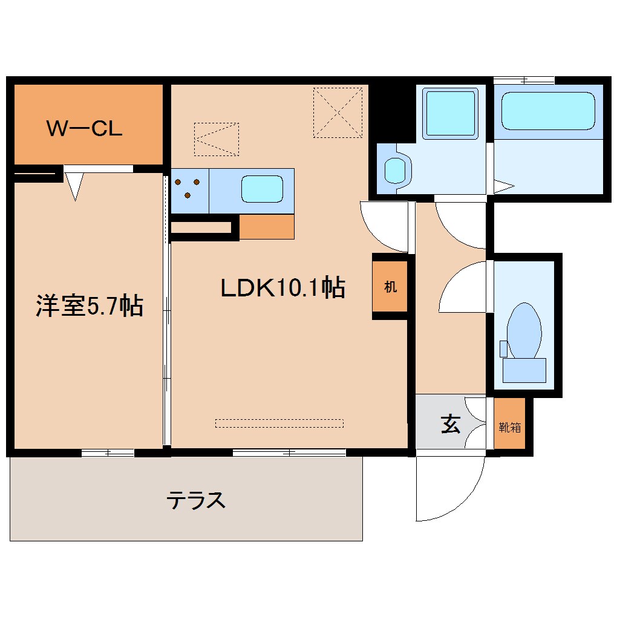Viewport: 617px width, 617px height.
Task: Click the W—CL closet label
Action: pos(85,128)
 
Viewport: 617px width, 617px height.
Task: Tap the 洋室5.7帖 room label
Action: pos(89,306)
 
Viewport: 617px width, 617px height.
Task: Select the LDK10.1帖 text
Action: pos(282,288)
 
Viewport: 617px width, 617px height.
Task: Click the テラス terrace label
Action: pos(196,500)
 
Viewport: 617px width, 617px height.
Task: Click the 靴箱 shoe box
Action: pos(509,427)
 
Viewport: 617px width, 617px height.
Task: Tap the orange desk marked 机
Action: pos(390,287)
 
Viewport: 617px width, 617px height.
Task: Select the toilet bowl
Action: pos(524,331)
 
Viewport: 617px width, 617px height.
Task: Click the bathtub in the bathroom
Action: pos(548,111)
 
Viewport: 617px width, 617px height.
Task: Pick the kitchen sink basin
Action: pos(262,189)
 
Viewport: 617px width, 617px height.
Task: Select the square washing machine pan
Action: pos(451,113)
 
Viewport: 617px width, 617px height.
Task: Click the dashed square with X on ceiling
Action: pos(338,113)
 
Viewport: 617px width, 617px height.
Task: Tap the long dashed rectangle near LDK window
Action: pos(279,423)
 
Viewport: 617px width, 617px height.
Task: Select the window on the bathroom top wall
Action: pos(524,80)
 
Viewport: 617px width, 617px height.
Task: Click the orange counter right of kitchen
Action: pos(267,227)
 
